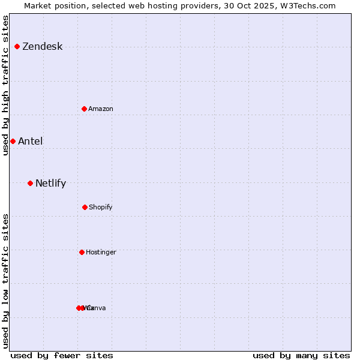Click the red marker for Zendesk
[x=17, y=46]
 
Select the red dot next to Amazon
[x=85, y=109]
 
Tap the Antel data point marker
[x=13, y=141]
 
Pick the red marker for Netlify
[x=30, y=183]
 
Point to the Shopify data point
[x=85, y=207]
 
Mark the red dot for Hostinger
[x=82, y=252]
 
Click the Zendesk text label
[x=42, y=47]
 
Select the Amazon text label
[x=101, y=109]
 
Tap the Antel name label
[x=30, y=142]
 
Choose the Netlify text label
[x=50, y=184]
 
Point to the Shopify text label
[x=101, y=207]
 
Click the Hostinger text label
[x=101, y=252]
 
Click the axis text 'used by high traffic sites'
[x=5, y=85]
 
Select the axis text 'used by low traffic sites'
[x=5, y=281]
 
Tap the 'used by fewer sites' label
[x=62, y=355]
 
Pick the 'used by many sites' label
[x=301, y=355]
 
